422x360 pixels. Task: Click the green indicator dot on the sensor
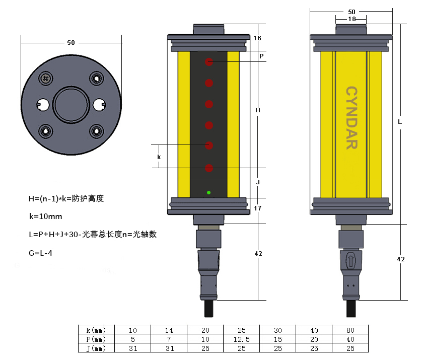208,192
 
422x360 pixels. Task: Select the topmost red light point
208,62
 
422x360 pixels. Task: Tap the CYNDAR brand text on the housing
351,118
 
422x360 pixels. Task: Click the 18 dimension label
351,19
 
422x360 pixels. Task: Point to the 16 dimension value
257,38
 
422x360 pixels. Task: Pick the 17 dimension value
257,208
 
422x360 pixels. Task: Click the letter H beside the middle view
258,110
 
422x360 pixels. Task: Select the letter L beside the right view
400,122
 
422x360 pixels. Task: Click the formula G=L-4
41,253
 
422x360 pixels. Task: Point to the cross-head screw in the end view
46,78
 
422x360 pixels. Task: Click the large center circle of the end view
71,104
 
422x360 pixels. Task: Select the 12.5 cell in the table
241,339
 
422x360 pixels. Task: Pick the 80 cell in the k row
350,330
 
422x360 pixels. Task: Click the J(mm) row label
96,348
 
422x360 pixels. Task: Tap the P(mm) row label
96,339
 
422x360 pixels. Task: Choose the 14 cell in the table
169,330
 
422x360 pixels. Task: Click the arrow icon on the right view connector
351,260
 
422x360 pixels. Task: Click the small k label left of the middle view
159,157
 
